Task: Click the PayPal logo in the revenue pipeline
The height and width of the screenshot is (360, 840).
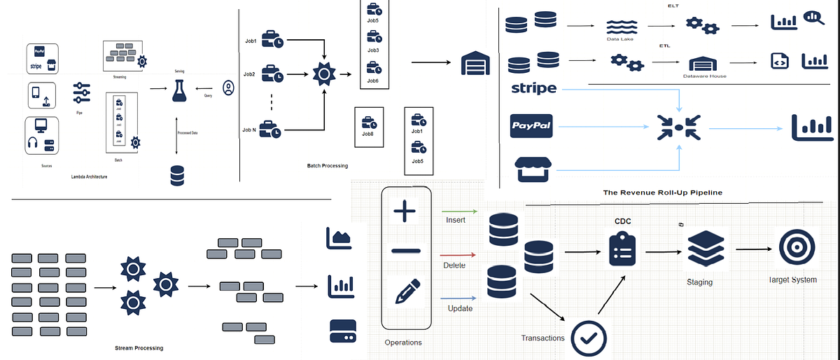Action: tap(531, 127)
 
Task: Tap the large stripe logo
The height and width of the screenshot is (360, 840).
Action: tap(533, 88)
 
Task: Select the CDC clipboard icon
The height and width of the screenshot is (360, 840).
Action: tap(619, 249)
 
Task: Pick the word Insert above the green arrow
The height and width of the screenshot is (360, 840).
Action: tap(456, 221)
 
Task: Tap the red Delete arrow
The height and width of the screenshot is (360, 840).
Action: tap(458, 256)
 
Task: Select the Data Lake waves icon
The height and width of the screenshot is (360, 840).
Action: tap(619, 27)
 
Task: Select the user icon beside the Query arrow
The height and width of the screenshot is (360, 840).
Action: tap(227, 88)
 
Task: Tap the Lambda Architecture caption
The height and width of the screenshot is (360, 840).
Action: tap(89, 176)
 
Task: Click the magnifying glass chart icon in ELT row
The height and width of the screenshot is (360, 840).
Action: tap(814, 18)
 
